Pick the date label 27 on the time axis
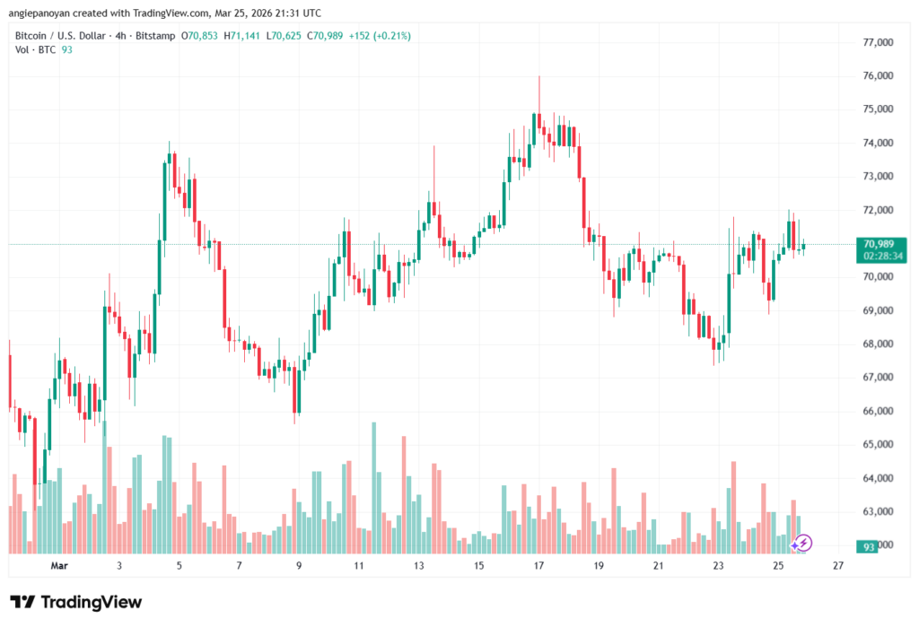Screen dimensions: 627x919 (837, 566)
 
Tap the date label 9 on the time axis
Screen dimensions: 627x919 (299, 566)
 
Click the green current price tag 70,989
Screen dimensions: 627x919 (878, 244)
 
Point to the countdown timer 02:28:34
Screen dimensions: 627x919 (878, 256)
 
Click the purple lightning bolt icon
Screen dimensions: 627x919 (803, 543)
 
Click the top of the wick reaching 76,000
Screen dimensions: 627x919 (539, 76)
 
